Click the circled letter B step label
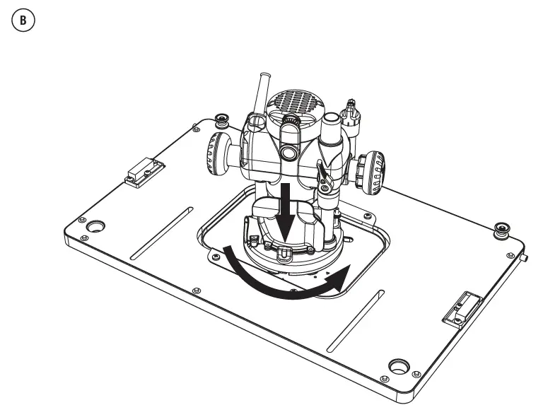[23, 20]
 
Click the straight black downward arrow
[286, 213]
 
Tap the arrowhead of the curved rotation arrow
[339, 277]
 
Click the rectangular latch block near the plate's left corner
[144, 172]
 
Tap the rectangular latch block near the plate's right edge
[462, 307]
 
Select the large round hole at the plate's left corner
[95, 226]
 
